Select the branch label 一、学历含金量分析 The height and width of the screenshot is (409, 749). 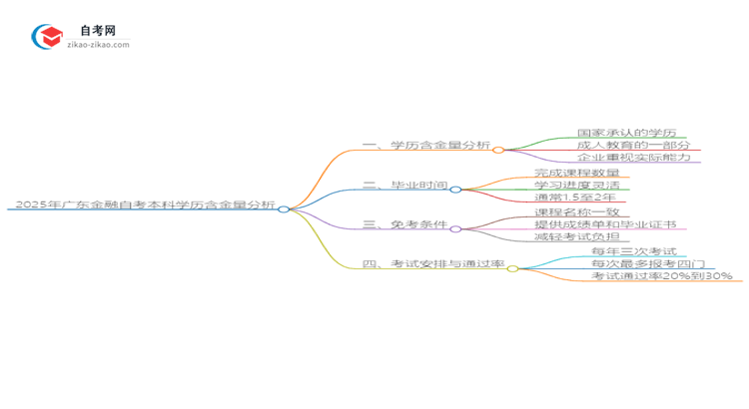click(426, 146)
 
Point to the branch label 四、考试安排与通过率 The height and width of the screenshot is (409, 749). click(433, 265)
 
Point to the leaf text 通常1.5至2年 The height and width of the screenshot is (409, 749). click(576, 199)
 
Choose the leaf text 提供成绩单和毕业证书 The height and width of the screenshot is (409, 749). click(598, 225)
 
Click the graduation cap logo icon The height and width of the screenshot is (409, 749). click(48, 37)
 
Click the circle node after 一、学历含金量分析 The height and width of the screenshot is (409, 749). click(498, 150)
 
